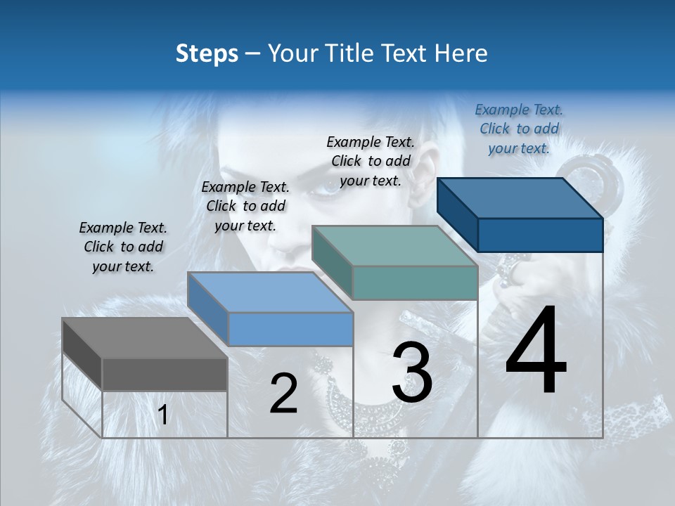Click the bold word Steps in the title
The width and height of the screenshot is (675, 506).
pos(206,54)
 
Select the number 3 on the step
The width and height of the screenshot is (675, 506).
pos(412,372)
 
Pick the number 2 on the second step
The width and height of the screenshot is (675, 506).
pos(284,394)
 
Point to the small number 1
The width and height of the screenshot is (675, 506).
pos(162,415)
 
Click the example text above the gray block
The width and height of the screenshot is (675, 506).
pos(123,247)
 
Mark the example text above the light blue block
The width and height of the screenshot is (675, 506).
pos(245,207)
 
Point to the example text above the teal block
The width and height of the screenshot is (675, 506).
pos(371,161)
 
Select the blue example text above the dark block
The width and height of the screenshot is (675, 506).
pos(519,129)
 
